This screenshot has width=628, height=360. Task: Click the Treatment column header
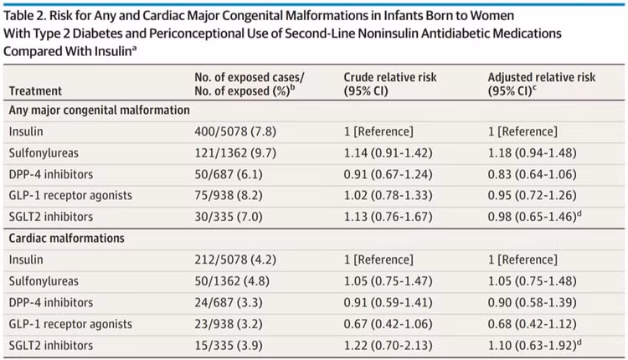point(35,91)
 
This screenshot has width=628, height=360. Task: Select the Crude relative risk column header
point(390,84)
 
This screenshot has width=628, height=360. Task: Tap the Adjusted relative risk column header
point(542,84)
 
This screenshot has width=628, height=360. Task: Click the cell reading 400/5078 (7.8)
point(235,131)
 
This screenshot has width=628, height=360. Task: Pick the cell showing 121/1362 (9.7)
point(235,153)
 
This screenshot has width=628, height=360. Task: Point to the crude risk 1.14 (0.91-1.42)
point(388,153)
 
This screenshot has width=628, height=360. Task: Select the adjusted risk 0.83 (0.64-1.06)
point(533,174)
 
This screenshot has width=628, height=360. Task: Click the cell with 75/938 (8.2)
point(229,195)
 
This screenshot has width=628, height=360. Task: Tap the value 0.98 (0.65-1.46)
point(533,217)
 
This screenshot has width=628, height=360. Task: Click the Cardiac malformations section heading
point(66,239)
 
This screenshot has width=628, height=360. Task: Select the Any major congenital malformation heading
point(100,111)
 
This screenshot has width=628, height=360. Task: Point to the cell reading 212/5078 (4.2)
point(235,260)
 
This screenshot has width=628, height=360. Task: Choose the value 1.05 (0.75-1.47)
point(388,281)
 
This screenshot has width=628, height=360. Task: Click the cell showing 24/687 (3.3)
point(229,302)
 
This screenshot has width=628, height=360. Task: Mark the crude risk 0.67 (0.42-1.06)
point(388,323)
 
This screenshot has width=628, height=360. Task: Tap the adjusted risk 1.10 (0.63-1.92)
point(533,345)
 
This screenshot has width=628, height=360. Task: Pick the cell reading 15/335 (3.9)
point(229,345)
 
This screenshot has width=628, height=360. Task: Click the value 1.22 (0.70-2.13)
point(388,345)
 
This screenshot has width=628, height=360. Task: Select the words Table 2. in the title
point(24,16)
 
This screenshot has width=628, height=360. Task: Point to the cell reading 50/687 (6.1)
point(229,174)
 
